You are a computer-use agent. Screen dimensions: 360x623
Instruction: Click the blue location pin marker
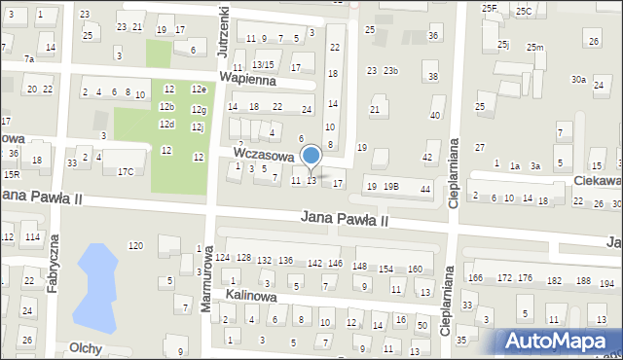coord(311,157)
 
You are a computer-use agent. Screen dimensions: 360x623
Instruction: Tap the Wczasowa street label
coord(263,155)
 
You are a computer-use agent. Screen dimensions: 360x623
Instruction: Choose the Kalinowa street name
coord(251,295)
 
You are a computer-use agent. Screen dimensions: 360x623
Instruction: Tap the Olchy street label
coord(87,346)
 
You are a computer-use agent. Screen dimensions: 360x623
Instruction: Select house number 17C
coord(126,172)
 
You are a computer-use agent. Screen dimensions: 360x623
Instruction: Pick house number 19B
coord(390,186)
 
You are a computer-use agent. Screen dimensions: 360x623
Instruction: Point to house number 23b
coord(390,71)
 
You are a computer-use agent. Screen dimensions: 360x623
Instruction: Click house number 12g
coord(199,110)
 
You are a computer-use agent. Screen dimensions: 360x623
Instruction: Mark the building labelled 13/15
coord(263,64)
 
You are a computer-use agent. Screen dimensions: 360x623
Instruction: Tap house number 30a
coord(578,80)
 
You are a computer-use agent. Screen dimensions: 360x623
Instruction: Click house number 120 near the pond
coord(135,245)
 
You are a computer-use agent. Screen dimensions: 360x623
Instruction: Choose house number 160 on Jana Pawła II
coord(414,269)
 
